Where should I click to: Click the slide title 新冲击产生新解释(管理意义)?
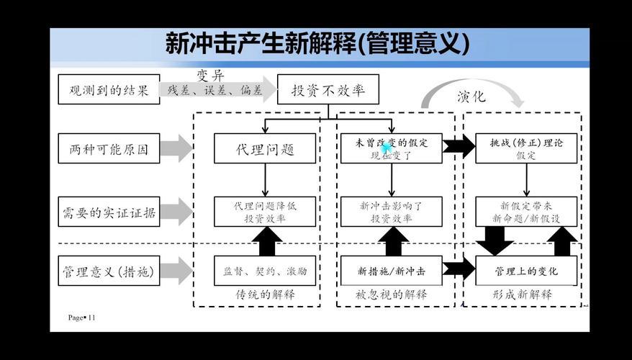tap(317, 45)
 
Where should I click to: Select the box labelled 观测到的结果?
tap(109, 90)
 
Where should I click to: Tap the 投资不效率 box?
tap(328, 90)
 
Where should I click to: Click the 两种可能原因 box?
tap(109, 150)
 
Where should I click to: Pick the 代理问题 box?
tap(265, 150)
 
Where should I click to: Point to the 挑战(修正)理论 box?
tap(526, 148)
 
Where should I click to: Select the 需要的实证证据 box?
tap(109, 212)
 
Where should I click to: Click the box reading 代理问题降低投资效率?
tap(265, 212)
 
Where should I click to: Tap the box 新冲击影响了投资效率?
tap(391, 212)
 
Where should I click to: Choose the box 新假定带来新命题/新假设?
tap(526, 212)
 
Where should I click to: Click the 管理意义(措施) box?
tap(109, 271)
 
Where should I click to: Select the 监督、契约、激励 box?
tap(265, 271)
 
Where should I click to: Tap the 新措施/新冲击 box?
tap(391, 271)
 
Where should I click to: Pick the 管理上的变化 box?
tap(526, 271)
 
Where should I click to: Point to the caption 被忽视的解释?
tap(391, 294)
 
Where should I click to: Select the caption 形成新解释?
tap(523, 294)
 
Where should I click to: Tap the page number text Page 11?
tap(82, 318)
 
